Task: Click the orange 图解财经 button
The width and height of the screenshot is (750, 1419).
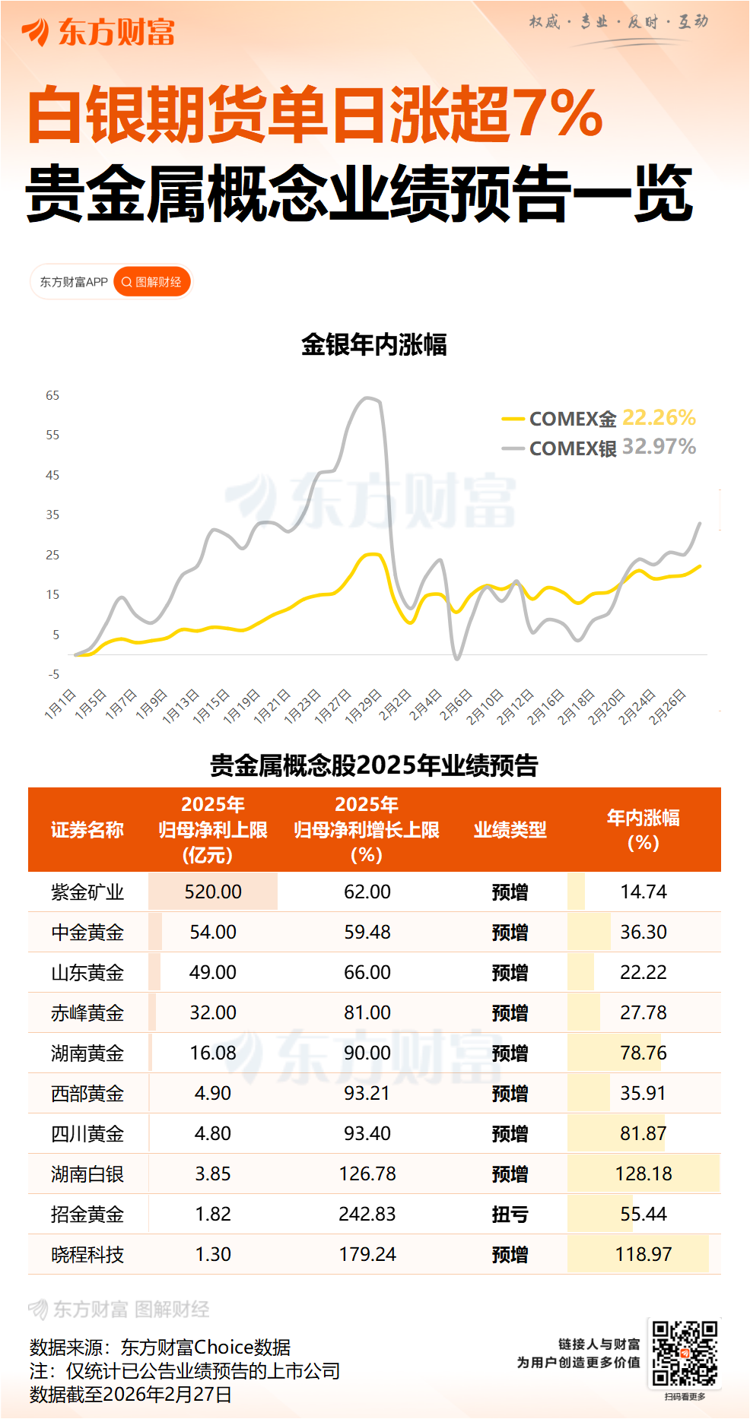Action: click(x=152, y=282)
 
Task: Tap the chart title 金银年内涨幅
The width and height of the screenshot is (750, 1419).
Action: click(x=373, y=345)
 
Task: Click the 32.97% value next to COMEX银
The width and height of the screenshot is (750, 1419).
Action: click(x=659, y=447)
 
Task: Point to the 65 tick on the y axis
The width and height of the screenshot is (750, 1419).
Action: click(x=52, y=395)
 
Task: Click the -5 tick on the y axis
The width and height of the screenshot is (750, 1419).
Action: click(x=53, y=674)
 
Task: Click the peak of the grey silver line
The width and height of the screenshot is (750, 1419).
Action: click(x=369, y=398)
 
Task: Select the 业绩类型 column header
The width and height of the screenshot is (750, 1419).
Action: click(x=510, y=830)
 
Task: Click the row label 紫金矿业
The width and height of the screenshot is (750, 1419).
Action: click(x=87, y=892)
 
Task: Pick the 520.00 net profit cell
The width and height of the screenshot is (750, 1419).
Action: click(x=213, y=892)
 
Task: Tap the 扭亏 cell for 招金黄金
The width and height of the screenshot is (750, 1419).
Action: click(x=510, y=1215)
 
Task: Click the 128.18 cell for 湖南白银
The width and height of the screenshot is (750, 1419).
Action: click(x=644, y=1174)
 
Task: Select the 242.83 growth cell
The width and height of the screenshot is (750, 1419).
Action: click(x=367, y=1215)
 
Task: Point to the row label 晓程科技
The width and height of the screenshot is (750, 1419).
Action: click(x=87, y=1255)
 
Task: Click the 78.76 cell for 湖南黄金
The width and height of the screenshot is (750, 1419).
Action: click(x=644, y=1053)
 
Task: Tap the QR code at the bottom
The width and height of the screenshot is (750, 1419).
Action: click(x=685, y=1353)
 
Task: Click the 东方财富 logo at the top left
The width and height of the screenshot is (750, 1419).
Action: click(x=99, y=33)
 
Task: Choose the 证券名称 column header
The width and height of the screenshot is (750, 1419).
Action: click(x=87, y=830)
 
